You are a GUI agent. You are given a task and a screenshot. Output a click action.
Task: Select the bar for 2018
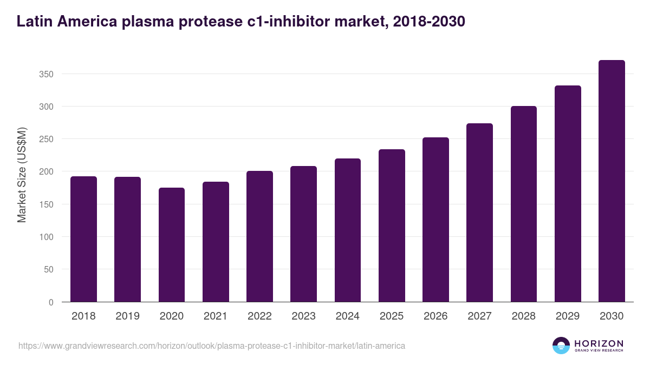(x=83, y=239)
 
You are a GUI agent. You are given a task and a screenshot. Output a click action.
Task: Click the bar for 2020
(x=172, y=244)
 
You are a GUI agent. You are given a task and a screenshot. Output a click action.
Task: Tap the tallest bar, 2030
(x=612, y=181)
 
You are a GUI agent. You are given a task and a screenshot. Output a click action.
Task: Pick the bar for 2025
(x=392, y=225)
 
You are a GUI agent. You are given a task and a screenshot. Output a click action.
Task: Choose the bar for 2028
(x=523, y=204)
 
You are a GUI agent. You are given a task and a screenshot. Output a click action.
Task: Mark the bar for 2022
(x=259, y=236)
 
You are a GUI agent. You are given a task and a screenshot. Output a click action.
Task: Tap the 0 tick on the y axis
(x=51, y=302)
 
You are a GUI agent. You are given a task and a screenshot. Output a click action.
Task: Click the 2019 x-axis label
(x=127, y=316)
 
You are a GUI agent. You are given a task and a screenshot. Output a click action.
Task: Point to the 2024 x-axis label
(x=347, y=316)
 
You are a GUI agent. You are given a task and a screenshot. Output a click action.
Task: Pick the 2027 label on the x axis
(x=479, y=316)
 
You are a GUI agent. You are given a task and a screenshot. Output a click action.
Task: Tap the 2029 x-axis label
(x=568, y=316)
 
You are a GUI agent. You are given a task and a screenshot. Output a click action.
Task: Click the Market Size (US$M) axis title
(x=22, y=174)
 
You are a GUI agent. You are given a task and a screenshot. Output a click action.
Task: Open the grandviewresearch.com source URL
(x=212, y=346)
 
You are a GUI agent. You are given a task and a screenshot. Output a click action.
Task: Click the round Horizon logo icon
(x=561, y=346)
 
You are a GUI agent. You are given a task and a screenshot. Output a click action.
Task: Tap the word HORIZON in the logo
(x=599, y=343)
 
